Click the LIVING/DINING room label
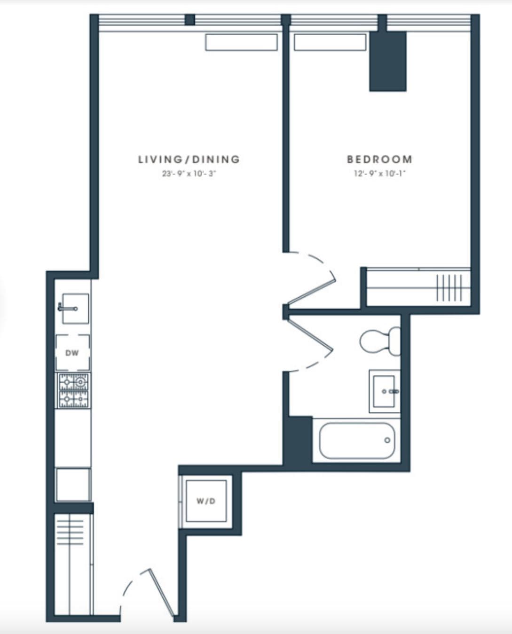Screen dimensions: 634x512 click(189, 160)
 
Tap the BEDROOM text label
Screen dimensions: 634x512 click(379, 160)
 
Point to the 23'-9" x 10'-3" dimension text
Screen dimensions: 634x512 click(189, 174)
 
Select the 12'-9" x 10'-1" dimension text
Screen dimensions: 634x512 click(379, 174)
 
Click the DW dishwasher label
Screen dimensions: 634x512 click(72, 353)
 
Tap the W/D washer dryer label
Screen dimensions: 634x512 click(206, 501)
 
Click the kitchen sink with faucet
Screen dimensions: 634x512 click(74, 309)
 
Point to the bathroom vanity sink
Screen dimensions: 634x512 click(385, 391)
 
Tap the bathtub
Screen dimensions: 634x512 click(357, 441)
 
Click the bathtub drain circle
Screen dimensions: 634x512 click(387, 440)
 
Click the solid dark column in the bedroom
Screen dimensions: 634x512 click(388, 61)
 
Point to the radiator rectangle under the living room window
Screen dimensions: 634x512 click(241, 42)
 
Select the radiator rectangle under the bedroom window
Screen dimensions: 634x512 click(330, 42)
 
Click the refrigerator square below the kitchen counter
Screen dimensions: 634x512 click(73, 484)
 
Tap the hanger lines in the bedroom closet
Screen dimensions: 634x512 click(449, 288)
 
